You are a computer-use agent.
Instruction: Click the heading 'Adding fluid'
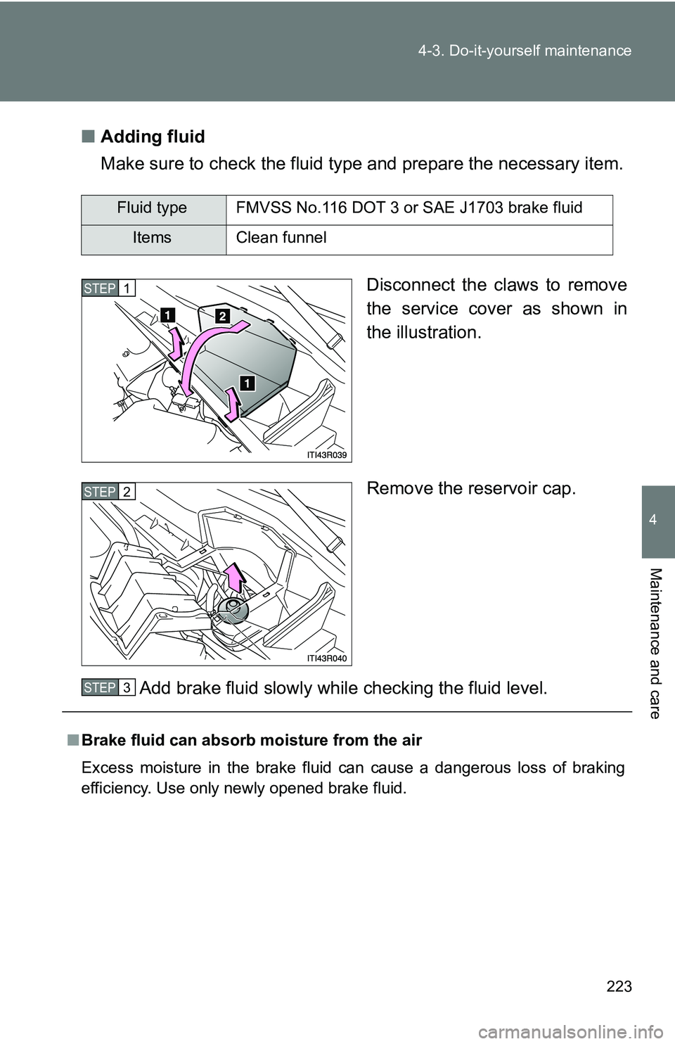pos(153,136)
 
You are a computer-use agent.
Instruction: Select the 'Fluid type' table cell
pos(152,208)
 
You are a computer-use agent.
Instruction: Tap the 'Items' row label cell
pos(152,238)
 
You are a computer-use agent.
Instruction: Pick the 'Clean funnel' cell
pos(281,238)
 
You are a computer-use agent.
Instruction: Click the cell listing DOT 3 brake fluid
pos(409,208)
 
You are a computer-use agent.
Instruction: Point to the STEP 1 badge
pos(108,288)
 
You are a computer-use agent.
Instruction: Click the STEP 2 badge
pos(108,492)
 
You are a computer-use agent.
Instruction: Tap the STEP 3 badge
pos(108,687)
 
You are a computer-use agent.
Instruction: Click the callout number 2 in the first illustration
pos(222,317)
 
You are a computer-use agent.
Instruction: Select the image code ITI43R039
pos(327,454)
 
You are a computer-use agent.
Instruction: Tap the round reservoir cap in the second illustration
pos(232,609)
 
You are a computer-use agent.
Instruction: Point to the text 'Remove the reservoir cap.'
pos(471,489)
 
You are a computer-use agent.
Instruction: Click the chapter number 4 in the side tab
pos(657,520)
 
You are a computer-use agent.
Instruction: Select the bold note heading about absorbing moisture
pos(252,740)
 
